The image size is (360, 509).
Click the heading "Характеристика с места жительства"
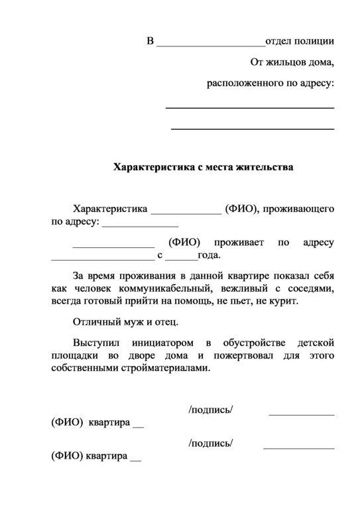[204, 166]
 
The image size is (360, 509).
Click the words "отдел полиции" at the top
[300, 41]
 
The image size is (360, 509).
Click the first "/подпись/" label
[211, 411]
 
